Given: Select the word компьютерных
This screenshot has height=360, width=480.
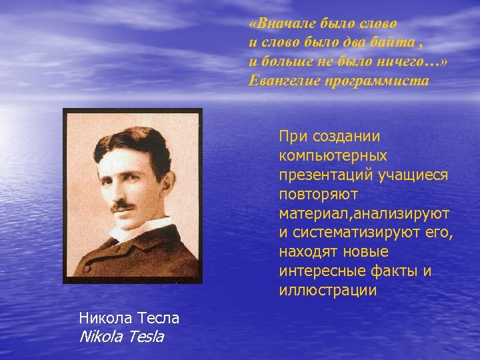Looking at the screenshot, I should coord(333,156).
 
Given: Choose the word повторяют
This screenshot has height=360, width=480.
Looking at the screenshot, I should coord(319,195).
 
